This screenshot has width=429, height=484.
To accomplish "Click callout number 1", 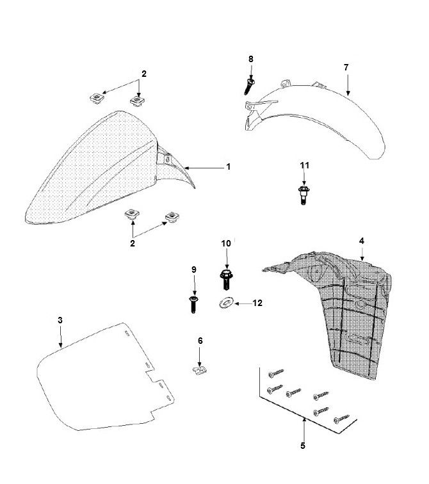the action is (229, 167).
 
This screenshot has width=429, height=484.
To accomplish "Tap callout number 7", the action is (346, 67).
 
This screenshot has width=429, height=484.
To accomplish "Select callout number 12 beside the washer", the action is (257, 303).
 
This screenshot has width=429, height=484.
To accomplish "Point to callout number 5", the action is (303, 446).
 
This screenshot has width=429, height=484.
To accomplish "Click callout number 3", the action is (60, 320).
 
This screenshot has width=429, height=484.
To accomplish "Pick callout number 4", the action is (362, 241).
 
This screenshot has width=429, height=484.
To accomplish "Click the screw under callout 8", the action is (250, 86).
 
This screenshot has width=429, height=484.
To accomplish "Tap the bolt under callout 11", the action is (304, 195).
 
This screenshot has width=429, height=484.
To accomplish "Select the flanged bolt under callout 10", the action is (227, 279).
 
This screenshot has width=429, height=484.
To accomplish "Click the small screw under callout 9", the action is (193, 304).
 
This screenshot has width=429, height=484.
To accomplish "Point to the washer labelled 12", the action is (227, 303).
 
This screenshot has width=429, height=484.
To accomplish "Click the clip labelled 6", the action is (199, 369).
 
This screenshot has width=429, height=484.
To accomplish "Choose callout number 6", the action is (200, 341).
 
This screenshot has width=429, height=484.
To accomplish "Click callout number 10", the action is (226, 243).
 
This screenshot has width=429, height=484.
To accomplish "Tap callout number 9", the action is (194, 270).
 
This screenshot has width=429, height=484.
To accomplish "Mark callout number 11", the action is (305, 165).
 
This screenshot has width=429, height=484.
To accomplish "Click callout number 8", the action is (250, 59).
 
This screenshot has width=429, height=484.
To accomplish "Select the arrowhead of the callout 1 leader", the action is (186, 168).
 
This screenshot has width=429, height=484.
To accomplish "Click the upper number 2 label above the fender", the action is (144, 74).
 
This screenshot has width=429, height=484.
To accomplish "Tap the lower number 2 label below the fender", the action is (133, 243).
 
